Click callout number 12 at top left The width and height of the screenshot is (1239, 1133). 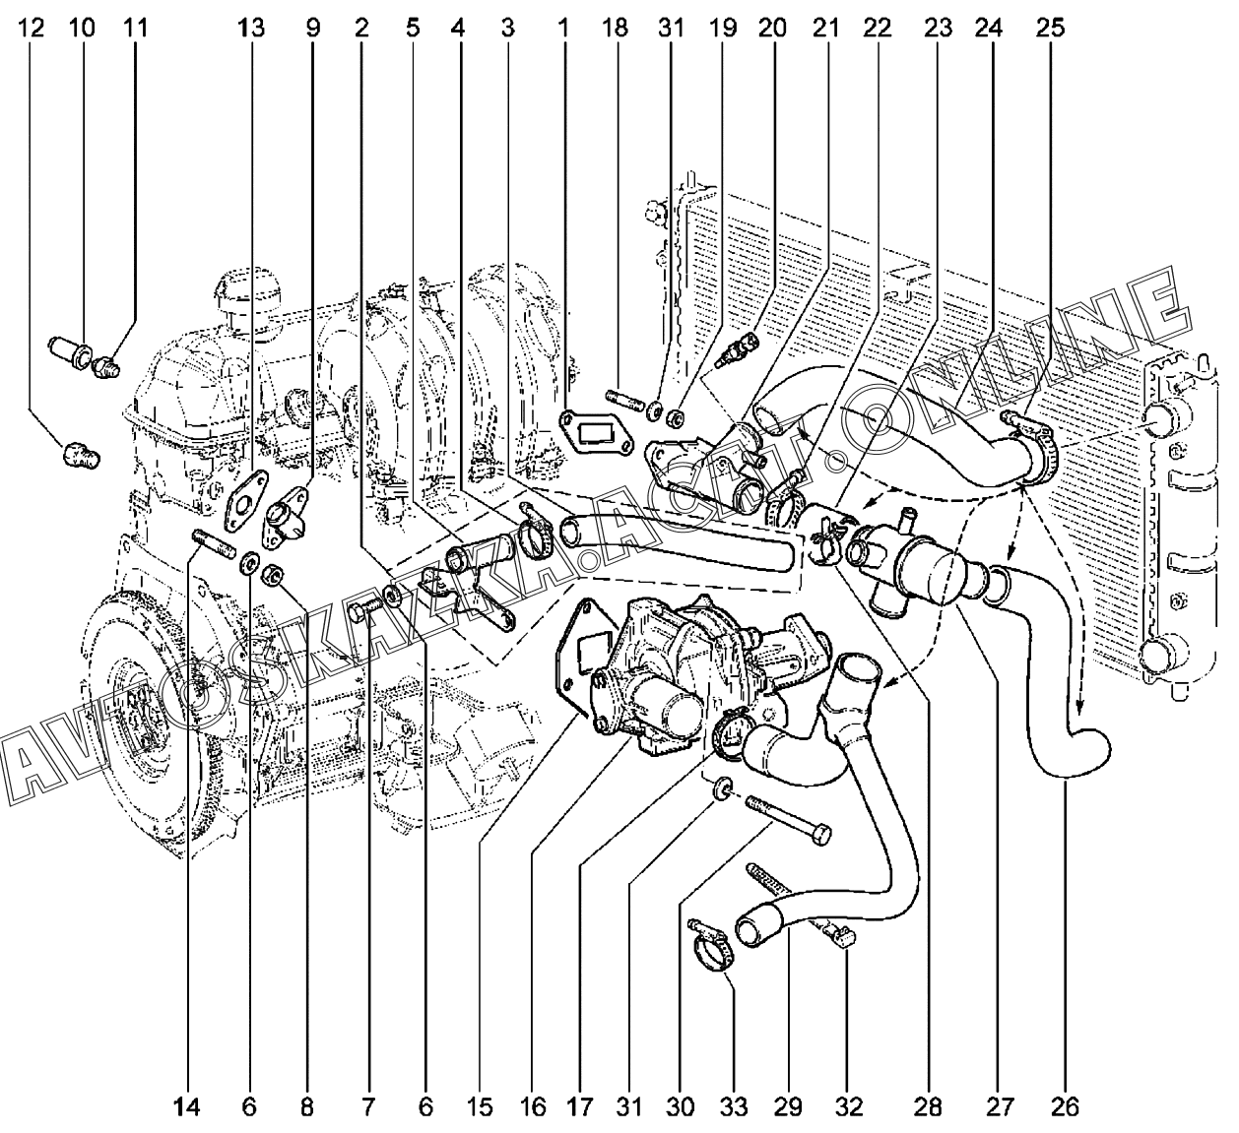31,28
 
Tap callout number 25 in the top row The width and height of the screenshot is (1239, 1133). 1050,28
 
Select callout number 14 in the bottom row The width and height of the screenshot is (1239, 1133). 186,1107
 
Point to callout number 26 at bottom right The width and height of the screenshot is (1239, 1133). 1065,1107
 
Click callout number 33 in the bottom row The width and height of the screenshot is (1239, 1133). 733,1107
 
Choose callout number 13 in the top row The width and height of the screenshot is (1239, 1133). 250,28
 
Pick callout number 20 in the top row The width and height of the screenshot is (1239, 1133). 772,28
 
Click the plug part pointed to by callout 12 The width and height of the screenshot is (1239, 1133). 82,455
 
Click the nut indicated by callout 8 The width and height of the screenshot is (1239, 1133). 272,575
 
